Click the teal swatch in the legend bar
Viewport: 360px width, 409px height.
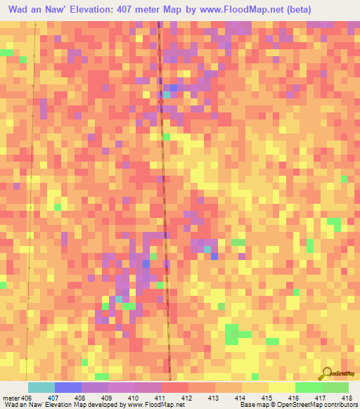pyautogui.click(x=41, y=388)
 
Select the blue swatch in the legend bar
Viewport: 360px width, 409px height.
pyautogui.click(x=68, y=388)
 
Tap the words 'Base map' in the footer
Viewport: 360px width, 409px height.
pyautogui.click(x=251, y=405)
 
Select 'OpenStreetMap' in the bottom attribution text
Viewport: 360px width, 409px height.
pyautogui.click(x=295, y=405)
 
